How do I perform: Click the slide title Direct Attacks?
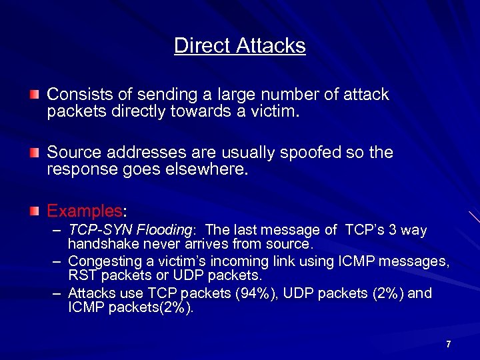(240, 46)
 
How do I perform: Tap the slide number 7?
(449, 344)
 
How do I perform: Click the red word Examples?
(84, 211)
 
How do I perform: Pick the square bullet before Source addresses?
(34, 154)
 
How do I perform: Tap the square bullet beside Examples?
(34, 212)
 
